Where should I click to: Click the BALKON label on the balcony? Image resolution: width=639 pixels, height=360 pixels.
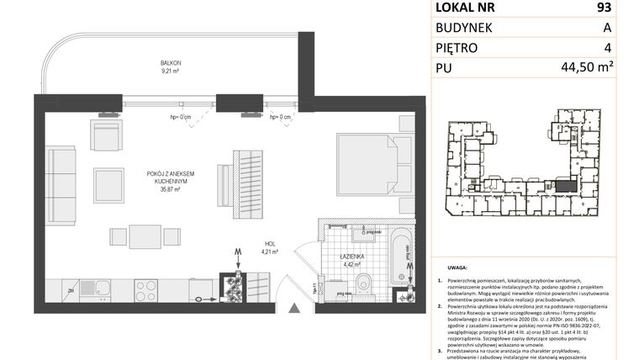click(172, 63)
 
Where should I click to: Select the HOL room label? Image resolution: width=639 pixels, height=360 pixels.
click(269, 242)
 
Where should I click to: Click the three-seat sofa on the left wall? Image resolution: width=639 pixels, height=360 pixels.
click(61, 182)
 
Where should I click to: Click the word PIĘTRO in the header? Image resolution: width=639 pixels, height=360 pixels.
click(457, 48)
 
